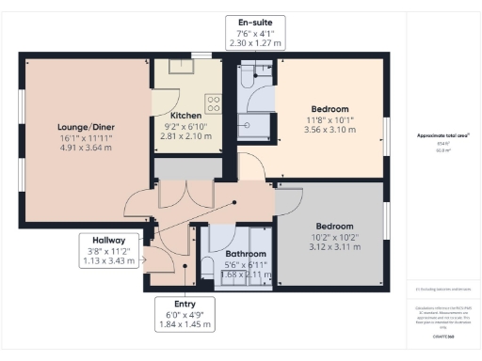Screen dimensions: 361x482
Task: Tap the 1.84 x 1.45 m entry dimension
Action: (185, 325)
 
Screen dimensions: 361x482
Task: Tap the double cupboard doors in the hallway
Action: (176, 193)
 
